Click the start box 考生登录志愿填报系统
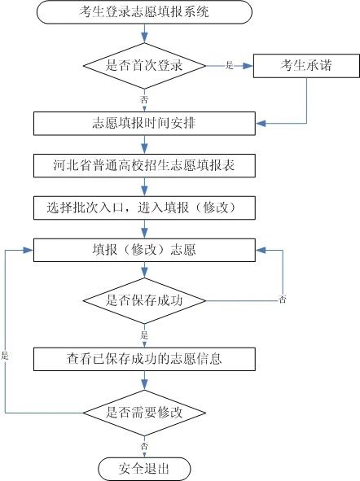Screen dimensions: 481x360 [143, 12]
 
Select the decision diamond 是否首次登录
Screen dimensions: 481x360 [143, 65]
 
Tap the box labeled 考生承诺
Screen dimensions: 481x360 [305, 65]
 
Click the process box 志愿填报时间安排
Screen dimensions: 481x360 [143, 125]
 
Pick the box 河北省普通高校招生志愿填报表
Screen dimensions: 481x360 [143, 166]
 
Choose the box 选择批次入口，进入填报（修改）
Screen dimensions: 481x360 [143, 207]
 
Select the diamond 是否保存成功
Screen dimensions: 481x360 [143, 300]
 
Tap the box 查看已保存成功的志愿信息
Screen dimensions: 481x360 [143, 356]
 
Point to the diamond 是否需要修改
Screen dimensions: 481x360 [143, 412]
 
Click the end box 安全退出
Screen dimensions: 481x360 [143, 468]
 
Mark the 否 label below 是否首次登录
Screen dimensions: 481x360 [144, 98]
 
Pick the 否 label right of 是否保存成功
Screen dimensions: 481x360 [283, 301]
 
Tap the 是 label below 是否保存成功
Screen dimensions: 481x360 [144, 334]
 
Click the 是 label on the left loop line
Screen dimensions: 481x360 [5, 356]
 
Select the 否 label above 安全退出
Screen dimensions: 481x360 [144, 446]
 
